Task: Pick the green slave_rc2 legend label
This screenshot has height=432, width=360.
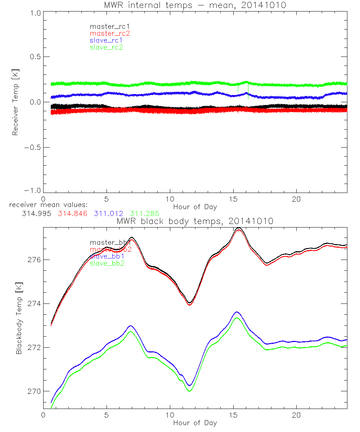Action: tap(107, 47)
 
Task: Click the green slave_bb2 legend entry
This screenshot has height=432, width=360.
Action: tap(107, 263)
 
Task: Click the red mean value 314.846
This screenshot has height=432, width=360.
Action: tap(72, 213)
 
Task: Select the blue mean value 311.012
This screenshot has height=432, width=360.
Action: tap(109, 213)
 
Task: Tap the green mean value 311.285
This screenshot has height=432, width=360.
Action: tap(145, 213)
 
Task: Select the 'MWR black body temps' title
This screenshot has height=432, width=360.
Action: tap(195, 221)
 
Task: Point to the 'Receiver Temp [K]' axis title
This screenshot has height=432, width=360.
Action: tap(15, 102)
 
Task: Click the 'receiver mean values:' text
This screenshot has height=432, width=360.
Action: tap(45, 205)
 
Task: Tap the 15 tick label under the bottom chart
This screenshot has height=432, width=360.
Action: tap(233, 415)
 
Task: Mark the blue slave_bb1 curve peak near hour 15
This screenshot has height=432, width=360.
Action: tap(237, 312)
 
